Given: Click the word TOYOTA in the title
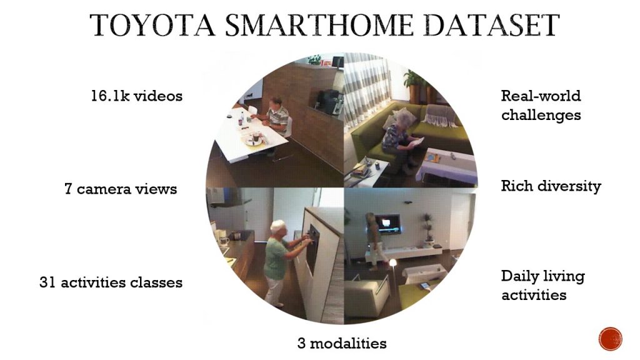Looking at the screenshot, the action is (152, 25).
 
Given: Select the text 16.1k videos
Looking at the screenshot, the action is (136, 96).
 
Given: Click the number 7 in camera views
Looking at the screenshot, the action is (67, 189).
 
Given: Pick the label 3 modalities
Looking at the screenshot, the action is (342, 343).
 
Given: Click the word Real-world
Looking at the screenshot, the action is (541, 96).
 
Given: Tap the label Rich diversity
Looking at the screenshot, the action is (551, 186).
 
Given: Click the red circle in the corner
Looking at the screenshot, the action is (610, 339).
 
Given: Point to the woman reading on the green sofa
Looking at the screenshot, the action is (398, 141).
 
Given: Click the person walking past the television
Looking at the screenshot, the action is (375, 241).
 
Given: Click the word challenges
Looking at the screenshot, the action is (541, 116).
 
